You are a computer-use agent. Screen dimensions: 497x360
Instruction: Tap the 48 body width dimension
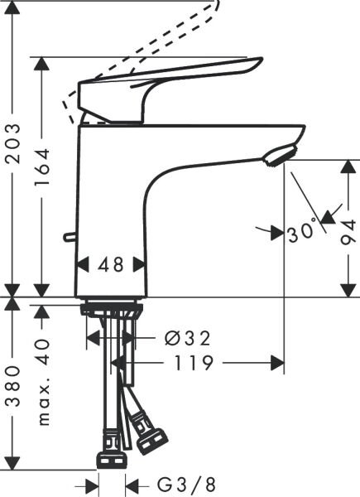click(x=110, y=264)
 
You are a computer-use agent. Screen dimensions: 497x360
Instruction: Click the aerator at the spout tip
click(x=278, y=153)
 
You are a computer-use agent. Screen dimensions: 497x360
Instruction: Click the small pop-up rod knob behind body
click(x=70, y=239)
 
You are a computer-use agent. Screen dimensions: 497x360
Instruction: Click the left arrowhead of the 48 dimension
click(x=82, y=265)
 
